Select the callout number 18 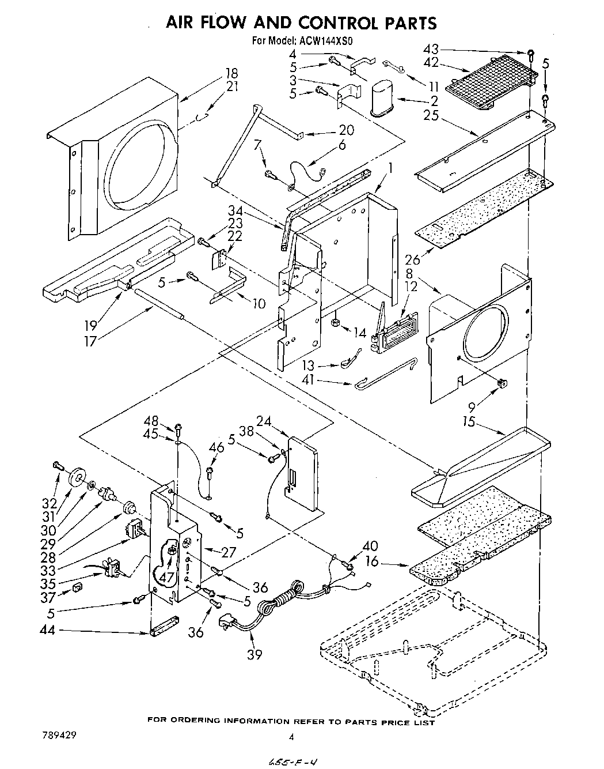tap(231, 73)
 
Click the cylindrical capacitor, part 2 tap(381, 97)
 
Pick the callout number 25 tap(431, 115)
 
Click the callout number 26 tap(413, 260)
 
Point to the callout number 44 tap(48, 631)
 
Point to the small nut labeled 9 tap(502, 382)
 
